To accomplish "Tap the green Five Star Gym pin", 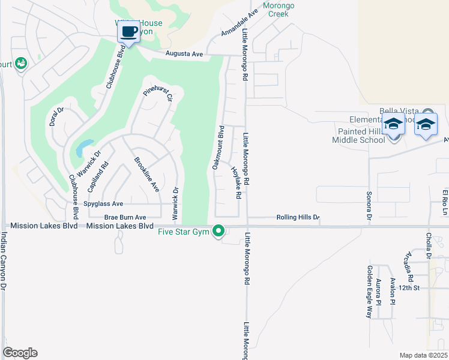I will point(220,230).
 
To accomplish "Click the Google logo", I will point(20,352).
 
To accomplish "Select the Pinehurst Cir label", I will point(158,95).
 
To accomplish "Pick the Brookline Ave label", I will point(146,174).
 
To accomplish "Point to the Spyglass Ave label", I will point(103,204).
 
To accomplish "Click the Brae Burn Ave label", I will point(125,217).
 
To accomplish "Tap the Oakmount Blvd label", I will point(218,147).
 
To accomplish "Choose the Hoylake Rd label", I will point(236,182).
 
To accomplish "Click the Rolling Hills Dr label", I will point(298,217).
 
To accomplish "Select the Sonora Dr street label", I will point(369,205).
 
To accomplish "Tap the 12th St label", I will point(407,288).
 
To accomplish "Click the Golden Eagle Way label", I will point(370,292).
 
